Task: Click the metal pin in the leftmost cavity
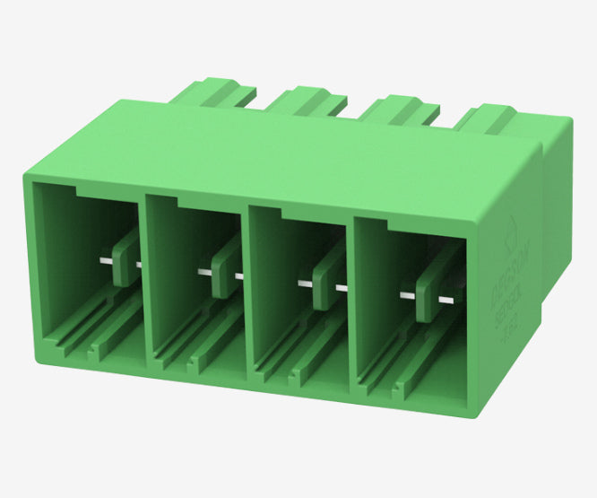(106, 261)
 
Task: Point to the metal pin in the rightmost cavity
(409, 294)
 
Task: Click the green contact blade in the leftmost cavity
(126, 255)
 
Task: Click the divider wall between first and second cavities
(143, 278)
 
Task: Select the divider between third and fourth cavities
(352, 305)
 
